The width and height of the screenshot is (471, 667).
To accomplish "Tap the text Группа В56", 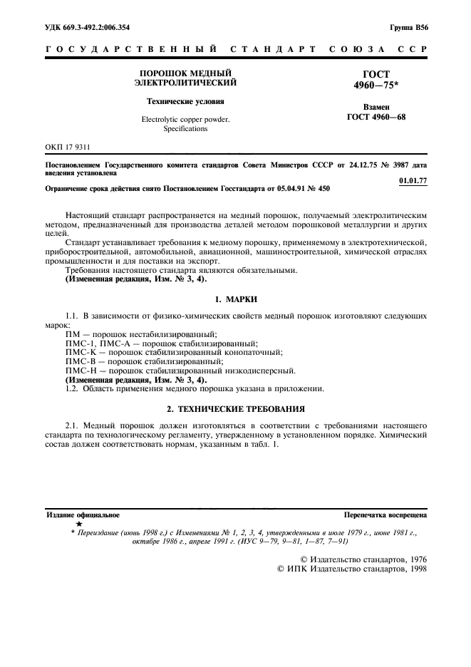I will (x=408, y=27).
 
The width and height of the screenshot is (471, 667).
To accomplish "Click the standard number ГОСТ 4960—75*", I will (x=376, y=78).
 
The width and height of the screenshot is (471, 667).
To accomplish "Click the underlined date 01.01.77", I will (x=413, y=180).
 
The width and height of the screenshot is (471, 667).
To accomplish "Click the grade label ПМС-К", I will (x=78, y=352).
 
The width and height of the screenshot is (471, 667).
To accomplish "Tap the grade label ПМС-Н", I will (x=78, y=371).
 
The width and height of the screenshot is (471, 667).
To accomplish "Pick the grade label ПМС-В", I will (x=78, y=361).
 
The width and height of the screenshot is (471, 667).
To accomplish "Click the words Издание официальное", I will (x=83, y=514).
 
